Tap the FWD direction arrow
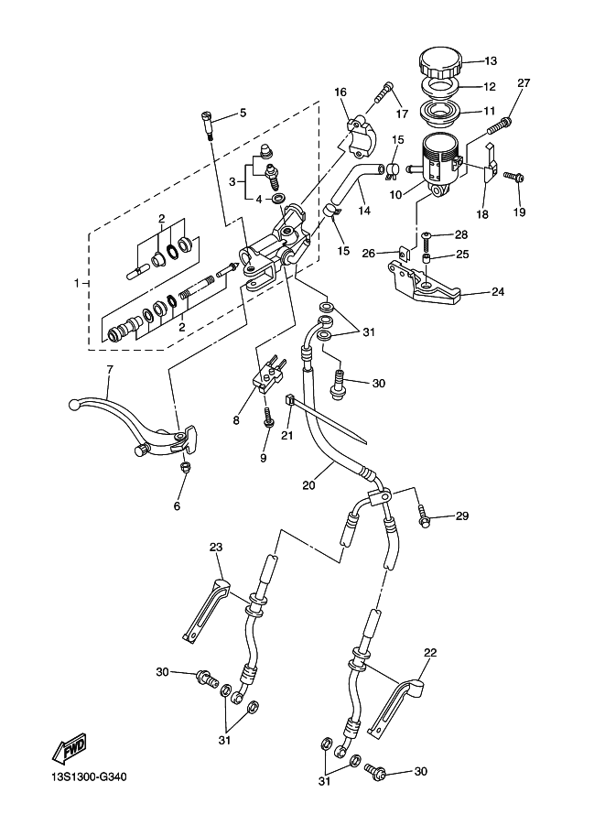pyautogui.click(x=69, y=751)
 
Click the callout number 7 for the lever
pyautogui.click(x=109, y=369)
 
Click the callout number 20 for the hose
pyautogui.click(x=308, y=480)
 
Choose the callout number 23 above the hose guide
pyautogui.click(x=216, y=548)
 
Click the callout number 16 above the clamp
pyautogui.click(x=340, y=92)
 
